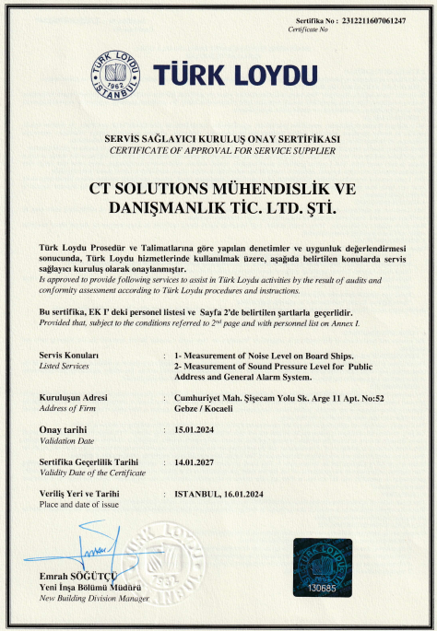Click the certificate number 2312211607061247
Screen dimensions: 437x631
click(376, 19)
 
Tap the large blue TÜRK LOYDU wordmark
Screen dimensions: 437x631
click(237, 73)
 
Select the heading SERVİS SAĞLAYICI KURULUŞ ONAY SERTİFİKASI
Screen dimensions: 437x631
click(222, 138)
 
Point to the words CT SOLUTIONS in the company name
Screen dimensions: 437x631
click(144, 187)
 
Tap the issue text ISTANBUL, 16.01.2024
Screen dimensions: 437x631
click(230, 494)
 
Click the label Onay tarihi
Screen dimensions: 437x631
click(63, 430)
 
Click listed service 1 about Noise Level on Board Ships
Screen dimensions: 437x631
click(264, 355)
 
